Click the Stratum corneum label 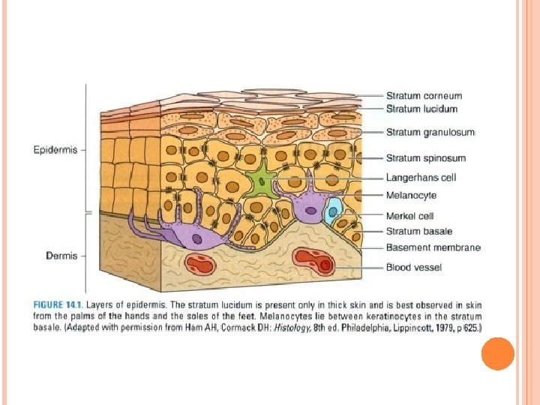tap(424, 96)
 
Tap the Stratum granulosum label tap(430, 133)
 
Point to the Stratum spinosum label tap(425, 158)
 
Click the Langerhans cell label tap(421, 178)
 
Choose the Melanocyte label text tap(411, 196)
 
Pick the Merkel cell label tap(409, 216)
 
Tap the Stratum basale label tap(419, 232)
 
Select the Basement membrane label tap(433, 247)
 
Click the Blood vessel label tap(414, 267)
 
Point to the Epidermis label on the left tap(55, 150)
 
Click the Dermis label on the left tap(61, 256)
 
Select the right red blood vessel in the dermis tap(314, 261)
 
